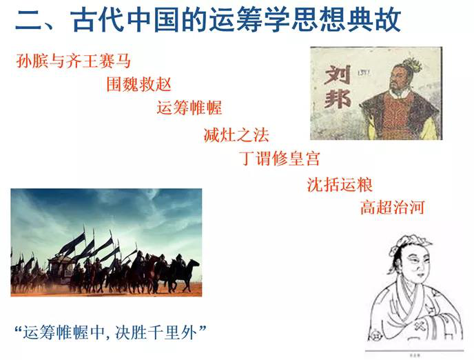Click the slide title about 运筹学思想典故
[x=208, y=20]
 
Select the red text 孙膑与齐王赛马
[x=74, y=61]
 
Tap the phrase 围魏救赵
[x=138, y=84]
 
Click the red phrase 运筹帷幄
[x=189, y=108]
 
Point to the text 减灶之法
[x=236, y=134]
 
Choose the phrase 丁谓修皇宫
[x=280, y=158]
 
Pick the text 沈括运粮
[x=340, y=185]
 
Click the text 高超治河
[x=393, y=207]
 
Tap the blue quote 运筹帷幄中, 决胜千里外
[x=111, y=332]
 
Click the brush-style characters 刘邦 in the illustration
[x=337, y=88]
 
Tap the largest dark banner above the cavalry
[x=72, y=243]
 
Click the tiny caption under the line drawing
[x=415, y=355]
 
